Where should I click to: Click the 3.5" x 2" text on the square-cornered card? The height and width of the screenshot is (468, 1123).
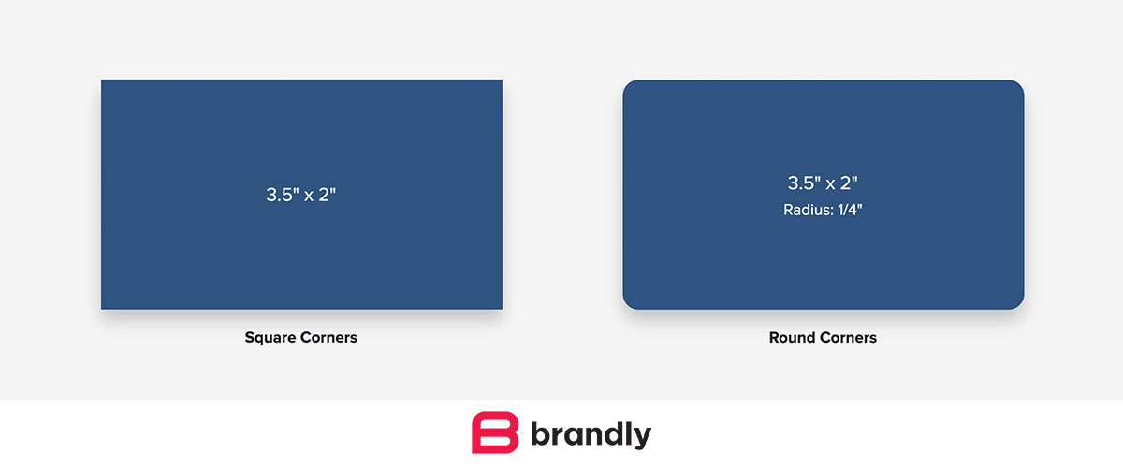pos(301,196)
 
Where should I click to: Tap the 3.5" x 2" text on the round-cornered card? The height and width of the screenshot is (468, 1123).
pos(823,183)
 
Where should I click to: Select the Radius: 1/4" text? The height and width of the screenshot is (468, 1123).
pos(823,210)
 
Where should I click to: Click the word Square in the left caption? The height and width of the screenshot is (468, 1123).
pos(270,337)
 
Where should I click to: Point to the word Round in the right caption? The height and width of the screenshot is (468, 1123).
pos(792,337)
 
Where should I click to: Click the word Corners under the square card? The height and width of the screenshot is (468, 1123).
pos(328,337)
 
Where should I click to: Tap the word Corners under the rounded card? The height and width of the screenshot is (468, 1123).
pos(849,337)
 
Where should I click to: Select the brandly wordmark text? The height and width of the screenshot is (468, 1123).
pos(591,435)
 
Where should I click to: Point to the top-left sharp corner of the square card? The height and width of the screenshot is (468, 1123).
pos(103,81)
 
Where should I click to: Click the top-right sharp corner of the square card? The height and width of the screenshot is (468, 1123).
pos(501,81)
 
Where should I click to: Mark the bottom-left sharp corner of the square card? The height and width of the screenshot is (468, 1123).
pos(103,307)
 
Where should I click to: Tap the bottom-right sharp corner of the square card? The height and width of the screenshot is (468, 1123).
pos(501,307)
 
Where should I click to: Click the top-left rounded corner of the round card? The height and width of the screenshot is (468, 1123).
pos(629,86)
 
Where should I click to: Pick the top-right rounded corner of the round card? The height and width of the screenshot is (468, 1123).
pos(1018,86)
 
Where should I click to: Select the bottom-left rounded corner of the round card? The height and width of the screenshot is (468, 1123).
pos(629,303)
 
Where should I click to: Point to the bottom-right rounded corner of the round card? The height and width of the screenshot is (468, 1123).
pos(1018,303)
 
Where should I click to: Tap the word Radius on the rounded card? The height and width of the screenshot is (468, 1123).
pos(805,210)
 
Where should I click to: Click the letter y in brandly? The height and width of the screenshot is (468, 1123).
pos(641,438)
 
